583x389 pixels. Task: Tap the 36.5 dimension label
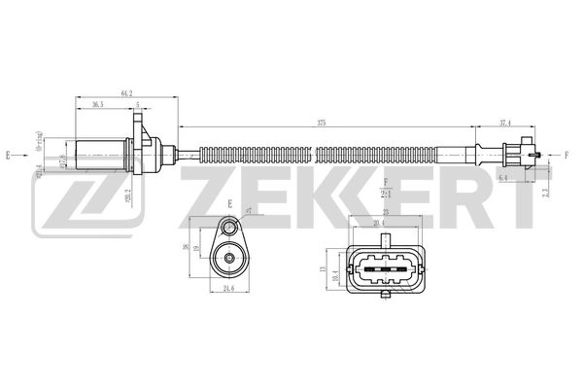click(98, 104)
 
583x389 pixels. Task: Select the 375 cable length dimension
click(320, 122)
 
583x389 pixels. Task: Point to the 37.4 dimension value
click(505, 122)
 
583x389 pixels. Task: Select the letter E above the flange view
click(230, 202)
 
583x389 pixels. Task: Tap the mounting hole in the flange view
click(231, 230)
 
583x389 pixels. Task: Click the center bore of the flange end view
click(230, 260)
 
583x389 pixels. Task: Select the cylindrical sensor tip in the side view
click(98, 152)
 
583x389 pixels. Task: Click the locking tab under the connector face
click(387, 293)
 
